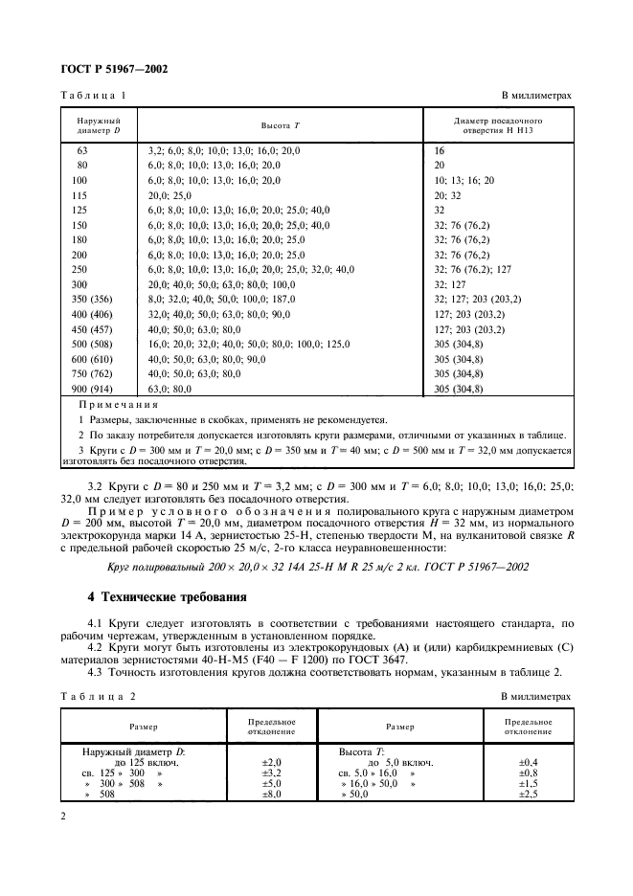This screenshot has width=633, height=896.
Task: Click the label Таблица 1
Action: (x=94, y=96)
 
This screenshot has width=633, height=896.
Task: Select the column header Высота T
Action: (x=281, y=126)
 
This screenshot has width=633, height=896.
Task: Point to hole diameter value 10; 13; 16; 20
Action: (x=464, y=180)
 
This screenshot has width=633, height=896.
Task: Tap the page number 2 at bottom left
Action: (x=63, y=815)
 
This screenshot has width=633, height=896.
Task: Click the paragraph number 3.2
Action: (x=95, y=486)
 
